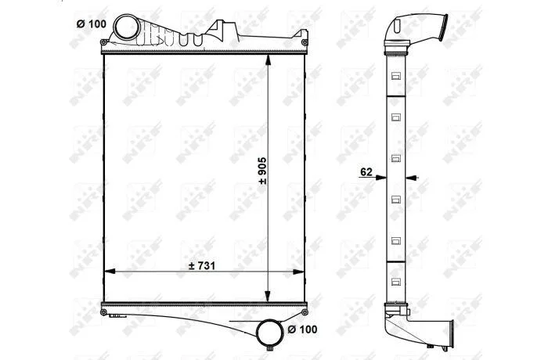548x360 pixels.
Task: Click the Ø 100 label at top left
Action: pos(91,24)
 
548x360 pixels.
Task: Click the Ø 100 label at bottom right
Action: pos(302,329)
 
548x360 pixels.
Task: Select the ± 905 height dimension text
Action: pos(262,171)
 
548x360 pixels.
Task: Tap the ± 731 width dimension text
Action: pos(202,266)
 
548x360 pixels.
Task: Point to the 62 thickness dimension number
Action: pos(366,172)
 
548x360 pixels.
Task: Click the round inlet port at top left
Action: pos(127,27)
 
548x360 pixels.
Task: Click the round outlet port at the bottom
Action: pos(269,333)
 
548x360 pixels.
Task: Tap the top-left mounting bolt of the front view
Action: pos(103,42)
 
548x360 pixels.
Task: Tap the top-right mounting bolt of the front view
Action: pos(305,42)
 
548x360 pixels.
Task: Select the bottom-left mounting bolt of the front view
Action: pos(103,311)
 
